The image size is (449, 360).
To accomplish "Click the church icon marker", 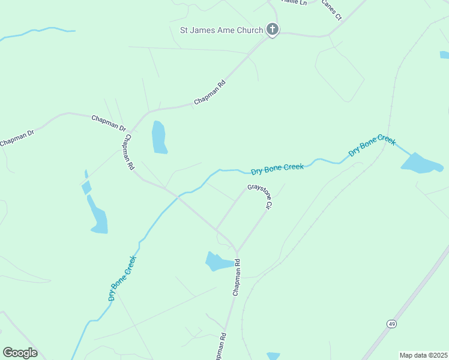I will (272, 29).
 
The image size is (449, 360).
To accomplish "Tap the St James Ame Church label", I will (221, 30).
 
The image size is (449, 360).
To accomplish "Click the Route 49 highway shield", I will (392, 324).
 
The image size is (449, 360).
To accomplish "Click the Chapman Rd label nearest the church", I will (209, 94).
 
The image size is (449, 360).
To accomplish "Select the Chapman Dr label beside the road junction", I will (109, 123).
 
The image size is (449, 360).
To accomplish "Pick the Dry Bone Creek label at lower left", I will (123, 278).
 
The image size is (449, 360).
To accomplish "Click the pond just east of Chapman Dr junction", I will (159, 137).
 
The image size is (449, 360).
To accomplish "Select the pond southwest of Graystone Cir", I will (218, 262).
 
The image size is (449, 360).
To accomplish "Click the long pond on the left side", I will (97, 215).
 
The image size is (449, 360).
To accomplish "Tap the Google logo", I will (20, 353).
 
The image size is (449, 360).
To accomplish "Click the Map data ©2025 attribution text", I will (423, 355).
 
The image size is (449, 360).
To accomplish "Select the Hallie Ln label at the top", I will (295, 3).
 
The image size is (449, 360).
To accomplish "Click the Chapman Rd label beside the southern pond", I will (237, 277).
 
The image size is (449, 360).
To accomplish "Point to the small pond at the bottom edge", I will (273, 356).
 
